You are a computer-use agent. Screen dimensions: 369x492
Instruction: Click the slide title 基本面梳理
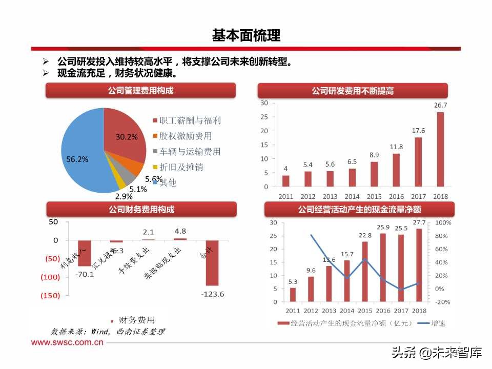[246, 35]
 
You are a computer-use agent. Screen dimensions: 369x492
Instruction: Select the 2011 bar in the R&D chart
[285, 181]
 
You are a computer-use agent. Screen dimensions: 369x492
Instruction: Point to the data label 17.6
[418, 131]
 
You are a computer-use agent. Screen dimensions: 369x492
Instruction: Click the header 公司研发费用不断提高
[353, 91]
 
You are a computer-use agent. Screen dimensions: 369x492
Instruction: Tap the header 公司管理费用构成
[140, 91]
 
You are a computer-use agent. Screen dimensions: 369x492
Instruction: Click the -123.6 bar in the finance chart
[212, 262]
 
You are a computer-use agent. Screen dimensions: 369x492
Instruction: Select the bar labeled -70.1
[84, 253]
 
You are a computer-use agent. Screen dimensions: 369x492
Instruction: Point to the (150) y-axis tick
[50, 296]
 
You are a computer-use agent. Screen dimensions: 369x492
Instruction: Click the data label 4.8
[180, 231]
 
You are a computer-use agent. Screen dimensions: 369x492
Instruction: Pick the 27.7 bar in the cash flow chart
[419, 265]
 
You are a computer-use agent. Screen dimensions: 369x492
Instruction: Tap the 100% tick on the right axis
[443, 223]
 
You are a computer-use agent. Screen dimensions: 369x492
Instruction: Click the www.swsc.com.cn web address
[68, 343]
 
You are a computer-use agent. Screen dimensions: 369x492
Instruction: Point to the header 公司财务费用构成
[141, 209]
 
